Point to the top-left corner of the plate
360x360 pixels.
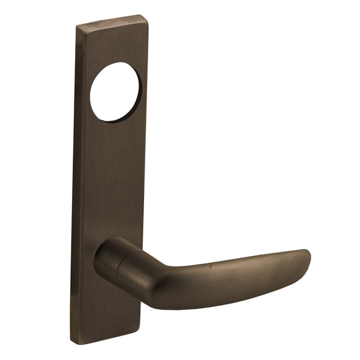click(x=77, y=26)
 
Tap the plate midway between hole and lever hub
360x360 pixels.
click(x=113, y=177)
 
